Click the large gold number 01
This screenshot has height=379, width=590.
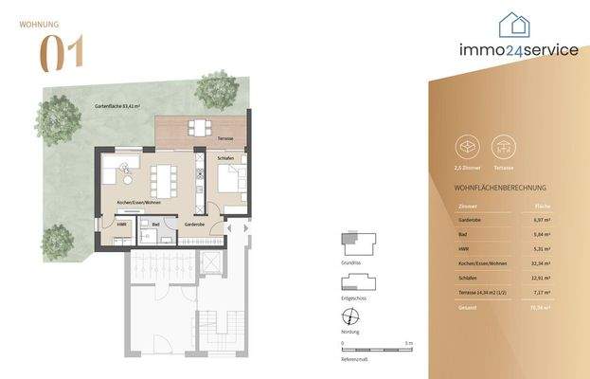(x=61, y=52)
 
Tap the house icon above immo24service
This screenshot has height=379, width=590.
(x=514, y=27)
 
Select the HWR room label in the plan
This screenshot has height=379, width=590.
(x=120, y=225)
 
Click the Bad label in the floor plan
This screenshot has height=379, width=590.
(x=155, y=225)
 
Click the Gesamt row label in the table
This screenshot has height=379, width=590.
(x=466, y=308)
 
